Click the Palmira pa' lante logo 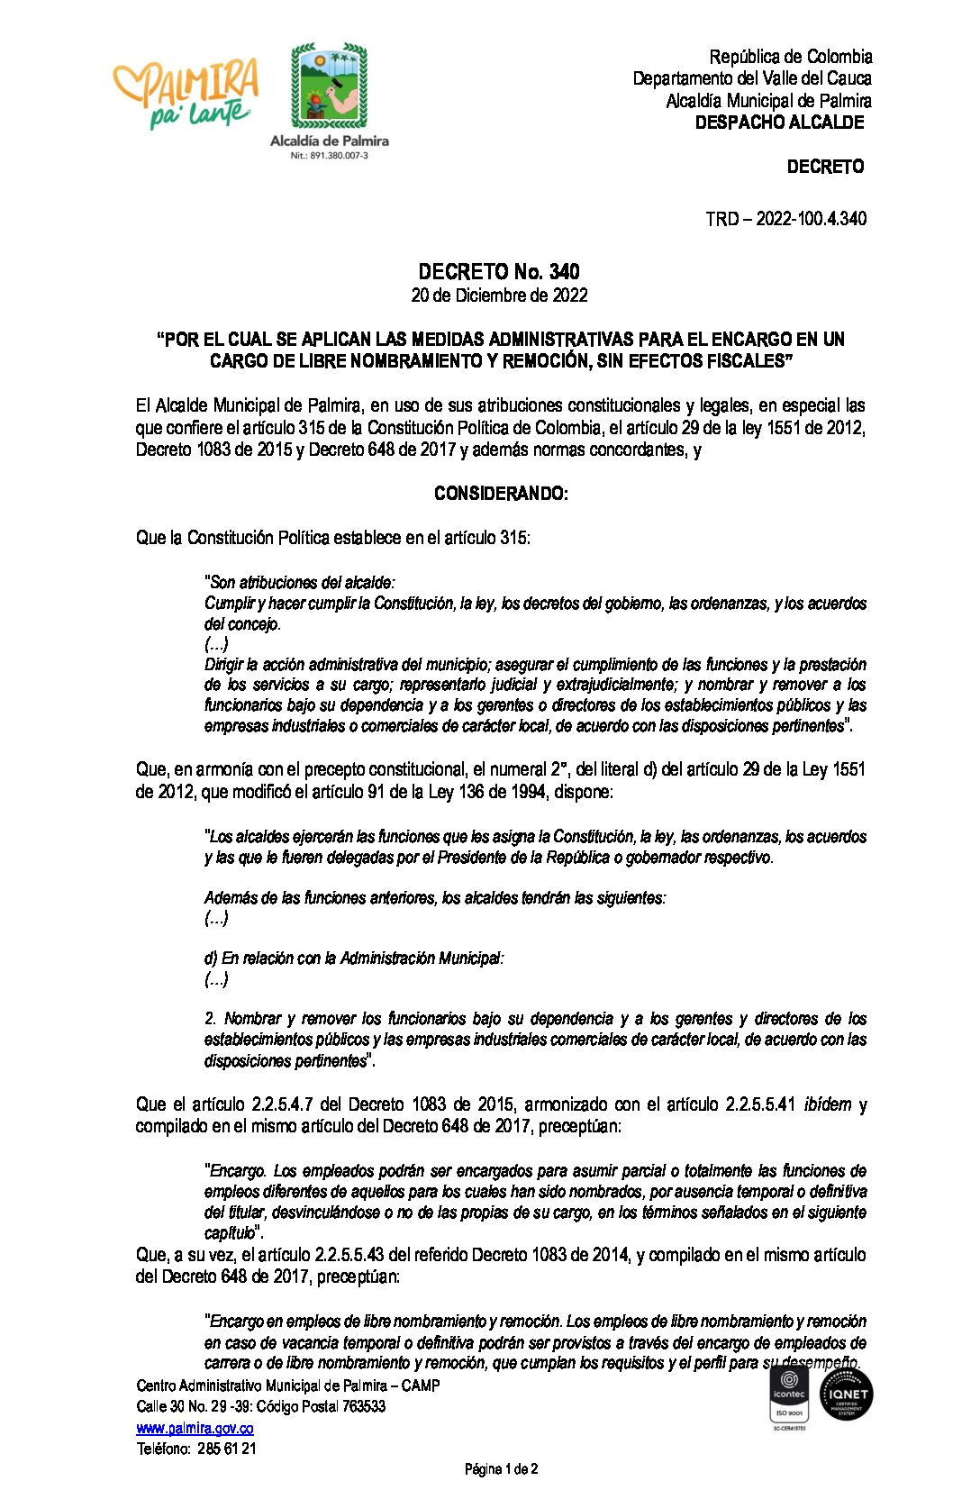[186, 94]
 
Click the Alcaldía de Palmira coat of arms [329, 86]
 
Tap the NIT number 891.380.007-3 [329, 156]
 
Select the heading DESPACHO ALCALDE [779, 123]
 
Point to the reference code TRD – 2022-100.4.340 [785, 219]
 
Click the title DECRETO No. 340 [499, 272]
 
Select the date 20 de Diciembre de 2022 [499, 295]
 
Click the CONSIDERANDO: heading [501, 494]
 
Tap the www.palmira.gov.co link [195, 1429]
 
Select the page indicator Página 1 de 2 [501, 1469]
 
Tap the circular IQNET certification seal [846, 1395]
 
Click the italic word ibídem [826, 1104]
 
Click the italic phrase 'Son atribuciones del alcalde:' [300, 583]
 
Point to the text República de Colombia [790, 57]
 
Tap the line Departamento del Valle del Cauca [751, 79]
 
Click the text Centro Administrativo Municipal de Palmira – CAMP [288, 1385]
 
